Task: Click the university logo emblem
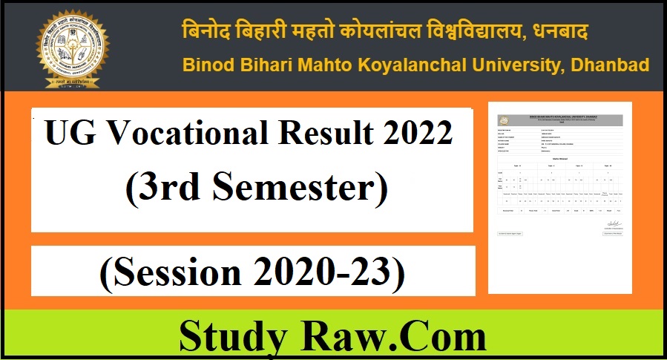tap(73, 46)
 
